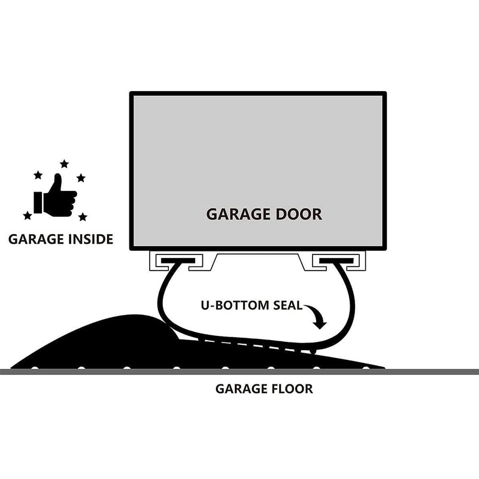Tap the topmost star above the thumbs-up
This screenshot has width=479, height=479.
(64, 163)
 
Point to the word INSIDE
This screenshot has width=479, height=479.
(89, 239)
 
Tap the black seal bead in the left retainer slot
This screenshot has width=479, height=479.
(177, 261)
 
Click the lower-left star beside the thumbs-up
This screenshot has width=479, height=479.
(28, 216)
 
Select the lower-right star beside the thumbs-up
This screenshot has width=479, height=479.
(83, 217)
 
